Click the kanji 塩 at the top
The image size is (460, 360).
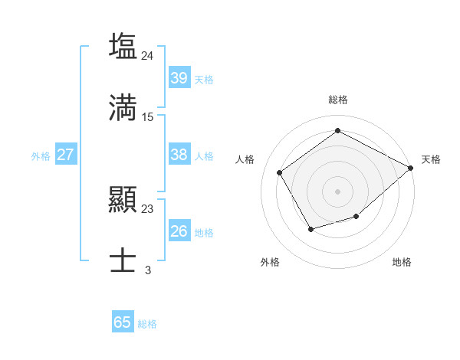123,45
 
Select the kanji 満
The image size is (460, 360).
123,106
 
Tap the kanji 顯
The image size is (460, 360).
123,200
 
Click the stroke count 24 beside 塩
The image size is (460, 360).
148,55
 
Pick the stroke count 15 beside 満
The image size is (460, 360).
148,117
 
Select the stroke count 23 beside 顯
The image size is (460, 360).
148,209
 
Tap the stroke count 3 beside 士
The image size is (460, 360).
148,270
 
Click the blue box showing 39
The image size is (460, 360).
179,78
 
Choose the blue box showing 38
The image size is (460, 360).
179,155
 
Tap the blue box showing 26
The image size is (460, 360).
179,231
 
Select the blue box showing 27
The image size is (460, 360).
65,155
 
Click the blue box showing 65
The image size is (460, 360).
123,322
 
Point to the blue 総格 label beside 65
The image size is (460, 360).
147,324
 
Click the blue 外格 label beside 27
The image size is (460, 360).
41,155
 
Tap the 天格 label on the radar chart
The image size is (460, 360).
431,159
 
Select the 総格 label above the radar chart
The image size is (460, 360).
338,100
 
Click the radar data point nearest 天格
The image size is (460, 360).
411,168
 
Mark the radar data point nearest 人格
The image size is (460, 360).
280,172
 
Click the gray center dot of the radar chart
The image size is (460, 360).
338,191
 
